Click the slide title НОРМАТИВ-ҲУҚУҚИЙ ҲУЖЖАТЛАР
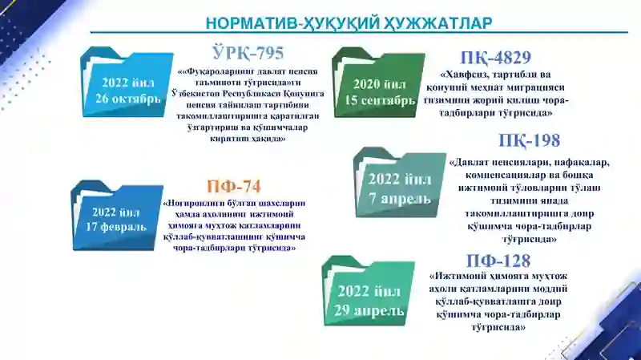(349, 22)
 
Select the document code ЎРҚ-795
(248, 53)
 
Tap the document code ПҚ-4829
(495, 58)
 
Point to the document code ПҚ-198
(529, 141)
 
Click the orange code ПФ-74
(234, 187)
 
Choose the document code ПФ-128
(498, 261)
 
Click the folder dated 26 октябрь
(127, 82)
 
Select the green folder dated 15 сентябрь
(378, 83)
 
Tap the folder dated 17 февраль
(117, 215)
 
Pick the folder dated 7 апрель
(399, 183)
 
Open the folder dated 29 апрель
(369, 291)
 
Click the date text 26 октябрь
(128, 99)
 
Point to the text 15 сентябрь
(380, 100)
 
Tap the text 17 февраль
(116, 227)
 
